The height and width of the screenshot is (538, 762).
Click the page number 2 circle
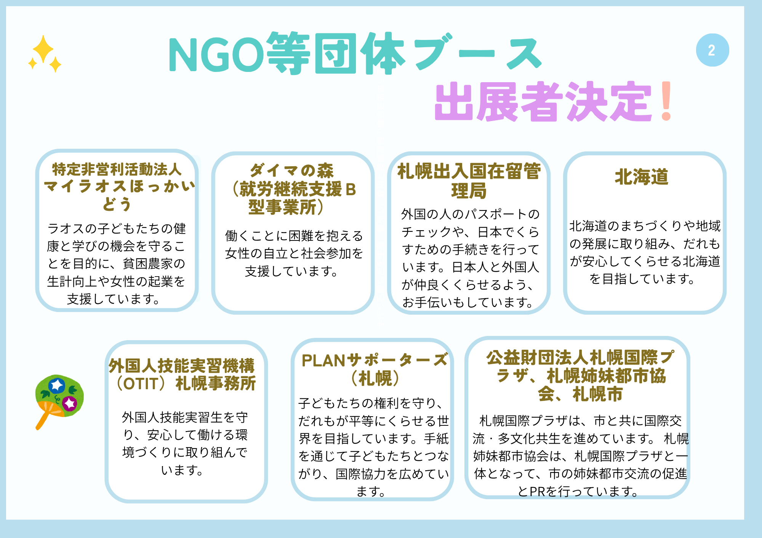pyautogui.click(x=712, y=50)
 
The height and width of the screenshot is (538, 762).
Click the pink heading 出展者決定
pyautogui.click(x=543, y=101)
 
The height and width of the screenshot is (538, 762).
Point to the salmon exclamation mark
pyautogui.click(x=666, y=101)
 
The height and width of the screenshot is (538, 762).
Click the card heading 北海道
pyautogui.click(x=642, y=177)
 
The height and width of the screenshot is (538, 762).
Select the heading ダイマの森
pyautogui.click(x=292, y=170)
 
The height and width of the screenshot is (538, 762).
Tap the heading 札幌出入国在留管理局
pyautogui.click(x=469, y=181)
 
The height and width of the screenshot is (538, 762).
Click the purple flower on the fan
pyautogui.click(x=70, y=403)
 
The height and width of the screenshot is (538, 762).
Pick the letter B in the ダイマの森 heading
pyautogui.click(x=351, y=189)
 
